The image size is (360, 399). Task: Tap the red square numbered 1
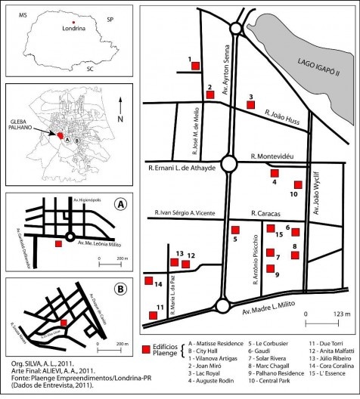195,66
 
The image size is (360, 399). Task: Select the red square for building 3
251,104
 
